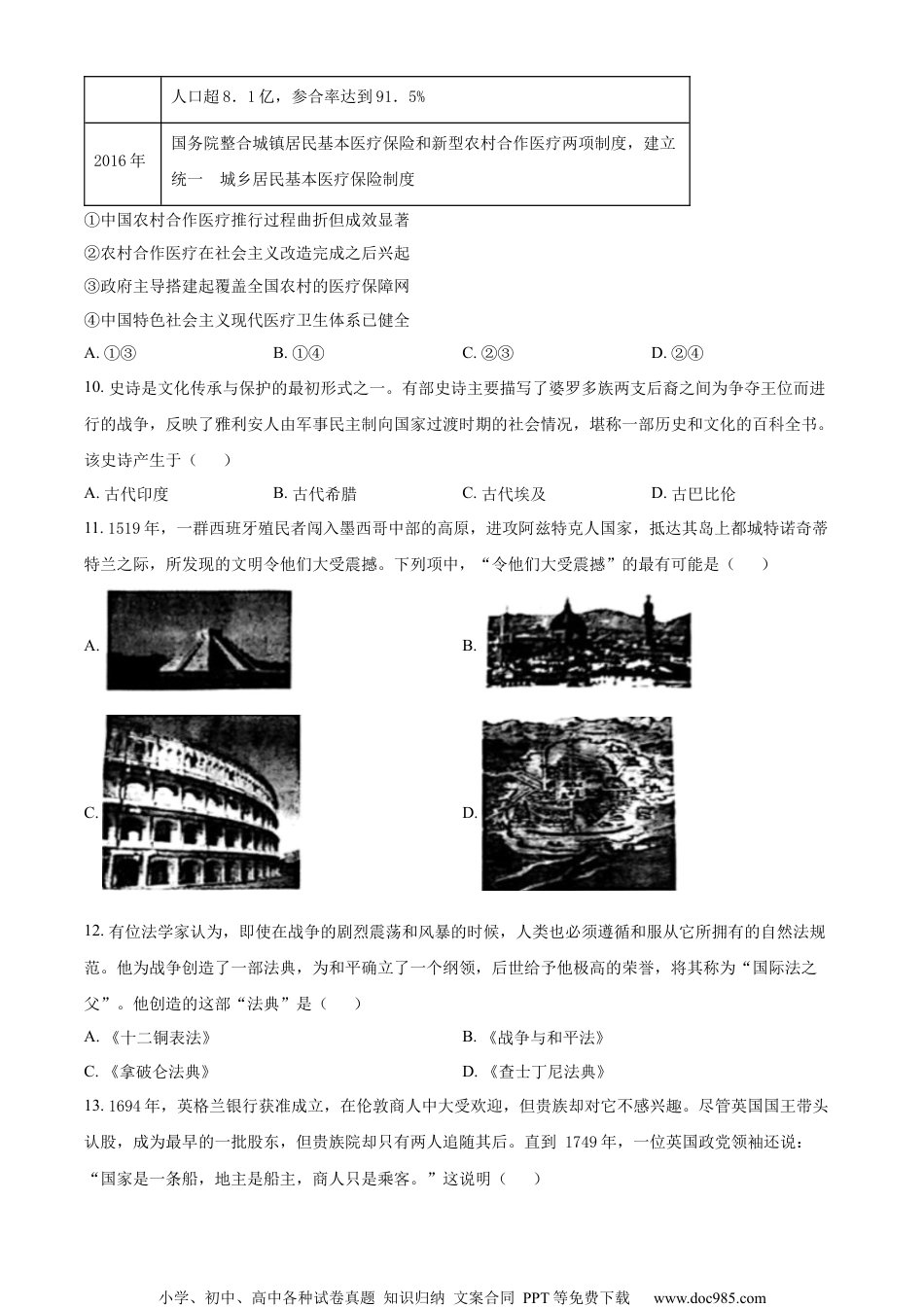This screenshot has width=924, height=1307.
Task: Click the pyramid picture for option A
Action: click(x=197, y=640)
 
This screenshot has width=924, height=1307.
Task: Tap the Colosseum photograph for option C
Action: click(x=202, y=802)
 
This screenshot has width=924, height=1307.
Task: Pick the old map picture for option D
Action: click(x=578, y=803)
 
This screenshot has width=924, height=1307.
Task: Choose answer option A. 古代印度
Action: click(x=127, y=493)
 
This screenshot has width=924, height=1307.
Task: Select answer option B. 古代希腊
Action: click(x=315, y=493)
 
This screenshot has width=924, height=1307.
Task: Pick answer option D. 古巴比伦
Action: click(x=693, y=493)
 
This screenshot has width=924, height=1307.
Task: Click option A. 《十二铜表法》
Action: click(x=148, y=1038)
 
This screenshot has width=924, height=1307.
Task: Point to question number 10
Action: click(x=94, y=388)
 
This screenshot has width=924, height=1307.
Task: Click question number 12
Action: click(x=94, y=933)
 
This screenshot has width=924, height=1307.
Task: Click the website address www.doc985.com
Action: click(x=709, y=1297)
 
